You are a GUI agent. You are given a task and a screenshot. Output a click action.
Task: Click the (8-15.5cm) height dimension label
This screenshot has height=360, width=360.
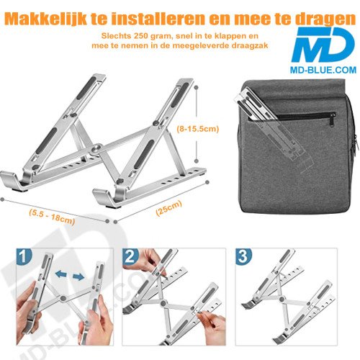(x=197, y=130)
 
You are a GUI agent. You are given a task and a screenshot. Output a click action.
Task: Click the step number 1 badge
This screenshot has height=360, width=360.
(x=25, y=256)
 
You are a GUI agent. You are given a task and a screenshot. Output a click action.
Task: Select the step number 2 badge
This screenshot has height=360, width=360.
(x=132, y=256)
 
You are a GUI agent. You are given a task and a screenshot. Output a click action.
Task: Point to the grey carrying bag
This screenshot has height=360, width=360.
(x=294, y=144)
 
